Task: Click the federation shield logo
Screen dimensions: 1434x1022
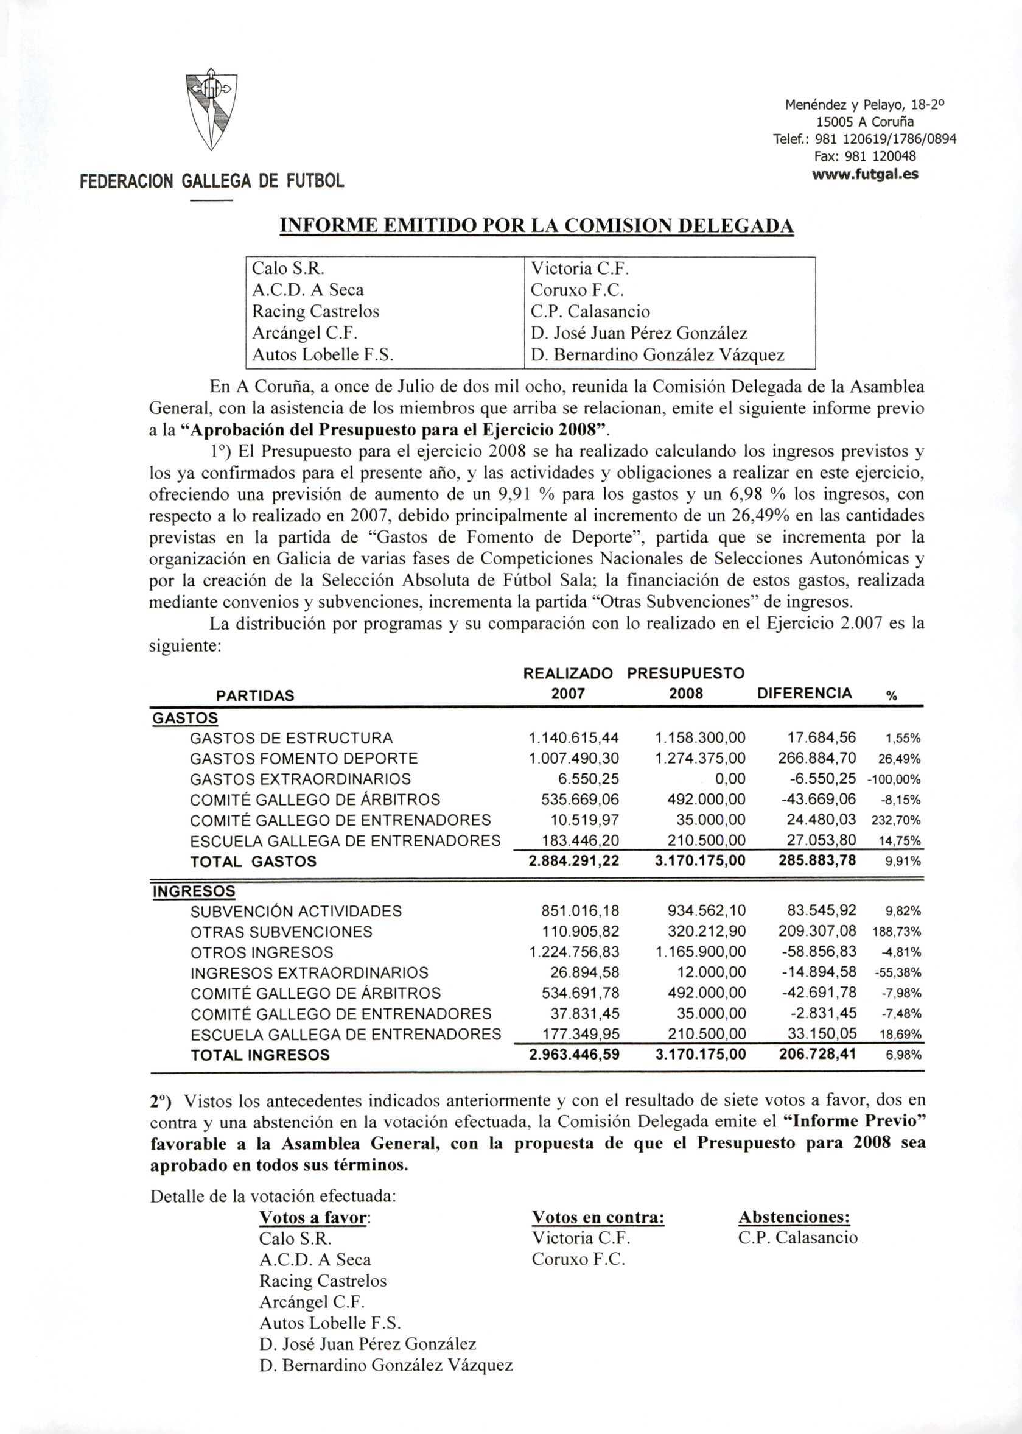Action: click(212, 110)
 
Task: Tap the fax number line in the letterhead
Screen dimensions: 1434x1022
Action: click(866, 155)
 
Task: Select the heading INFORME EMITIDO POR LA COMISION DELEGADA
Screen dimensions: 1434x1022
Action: click(536, 225)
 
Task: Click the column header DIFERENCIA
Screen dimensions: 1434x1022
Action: click(804, 693)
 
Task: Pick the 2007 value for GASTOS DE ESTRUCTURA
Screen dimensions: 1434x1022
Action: click(574, 738)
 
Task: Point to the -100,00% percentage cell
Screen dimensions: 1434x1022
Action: click(894, 779)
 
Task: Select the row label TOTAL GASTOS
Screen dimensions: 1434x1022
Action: click(253, 861)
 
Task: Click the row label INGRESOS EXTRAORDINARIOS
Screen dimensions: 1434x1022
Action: click(309, 972)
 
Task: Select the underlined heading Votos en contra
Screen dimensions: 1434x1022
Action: click(598, 1217)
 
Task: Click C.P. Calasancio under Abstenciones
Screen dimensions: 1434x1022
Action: click(798, 1238)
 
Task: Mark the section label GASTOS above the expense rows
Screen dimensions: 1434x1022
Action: click(185, 718)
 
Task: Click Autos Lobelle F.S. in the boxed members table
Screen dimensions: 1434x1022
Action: click(322, 354)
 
